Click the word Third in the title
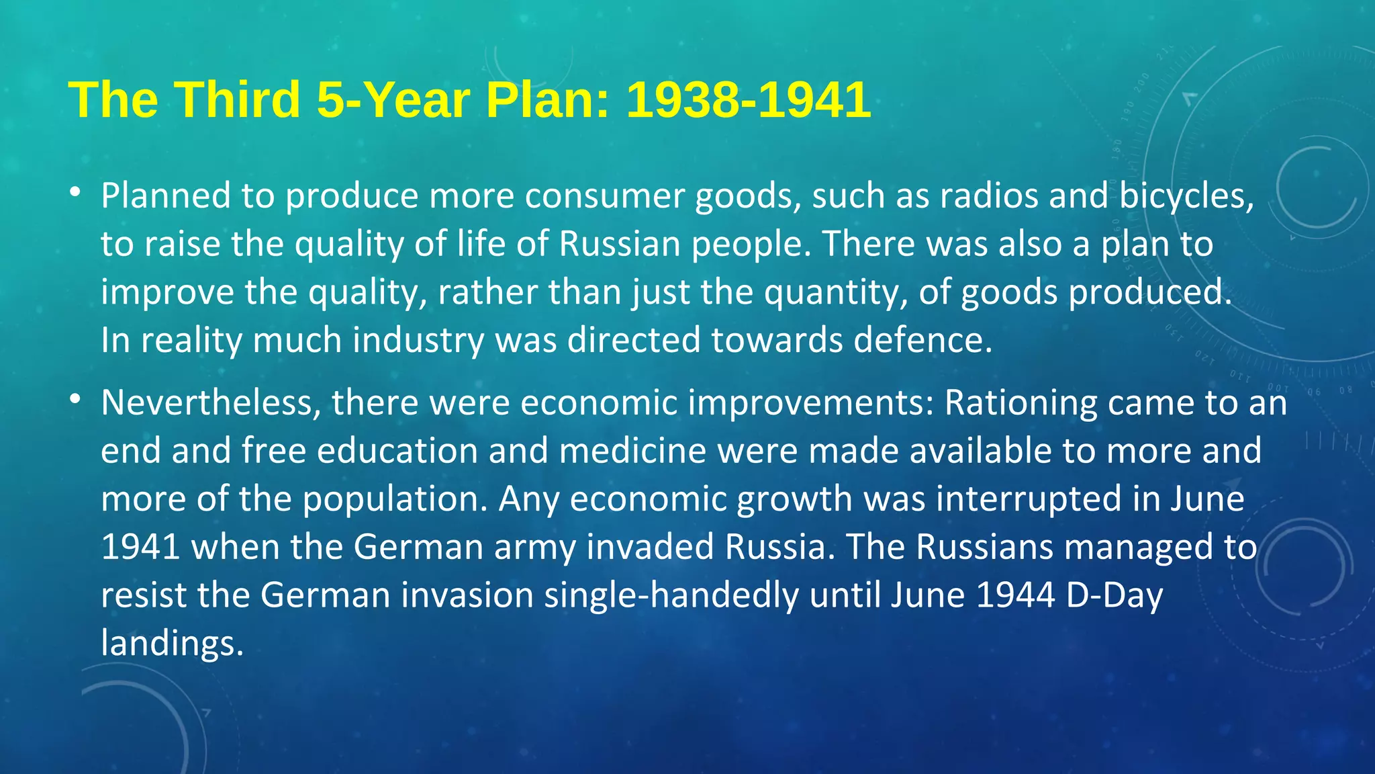tap(238, 100)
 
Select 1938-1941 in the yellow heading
tap(748, 100)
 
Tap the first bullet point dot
tap(75, 193)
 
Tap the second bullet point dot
tap(75, 400)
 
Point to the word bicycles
tap(1186, 196)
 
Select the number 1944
tap(1015, 595)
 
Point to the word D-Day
tap(1115, 595)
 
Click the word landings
tap(172, 644)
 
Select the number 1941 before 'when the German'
tap(140, 547)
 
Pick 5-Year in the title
tap(393, 100)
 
